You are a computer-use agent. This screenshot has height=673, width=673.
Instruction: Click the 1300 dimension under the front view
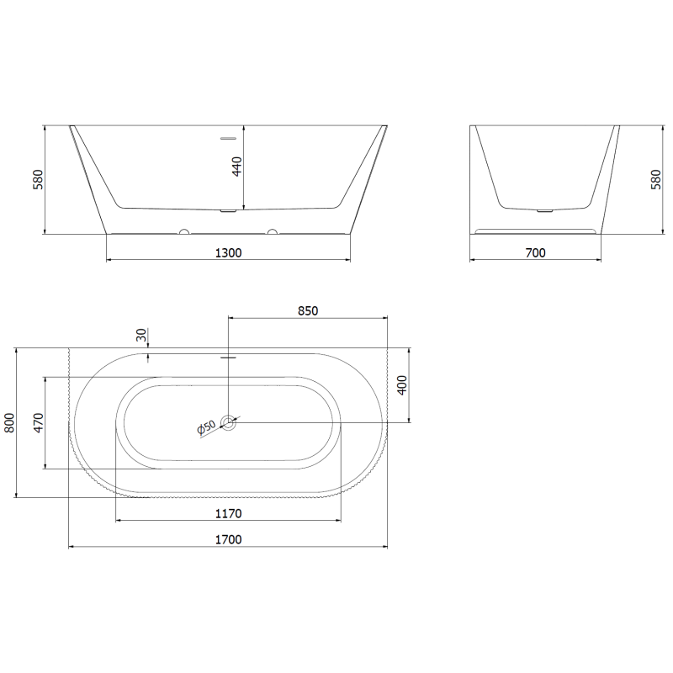(228, 252)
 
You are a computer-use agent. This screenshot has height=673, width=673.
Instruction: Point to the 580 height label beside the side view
(656, 180)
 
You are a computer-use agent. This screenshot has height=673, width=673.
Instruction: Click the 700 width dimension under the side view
(535, 252)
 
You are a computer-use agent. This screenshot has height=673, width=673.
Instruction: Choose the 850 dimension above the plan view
(308, 310)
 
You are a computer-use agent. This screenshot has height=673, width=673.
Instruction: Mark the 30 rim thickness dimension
(141, 335)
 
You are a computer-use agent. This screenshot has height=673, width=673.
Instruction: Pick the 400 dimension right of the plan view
(402, 384)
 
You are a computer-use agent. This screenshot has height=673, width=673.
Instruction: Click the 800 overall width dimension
(10, 422)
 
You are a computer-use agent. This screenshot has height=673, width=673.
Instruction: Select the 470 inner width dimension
(39, 422)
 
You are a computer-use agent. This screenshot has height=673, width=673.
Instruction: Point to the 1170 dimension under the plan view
(228, 513)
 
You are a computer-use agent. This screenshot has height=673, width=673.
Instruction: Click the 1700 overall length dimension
(228, 539)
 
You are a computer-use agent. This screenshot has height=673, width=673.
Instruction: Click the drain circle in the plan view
(229, 423)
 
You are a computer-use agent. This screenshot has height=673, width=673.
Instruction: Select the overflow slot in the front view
(228, 137)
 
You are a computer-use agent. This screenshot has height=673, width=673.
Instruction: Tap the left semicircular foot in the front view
(183, 231)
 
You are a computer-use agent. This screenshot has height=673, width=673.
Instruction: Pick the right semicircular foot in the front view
(272, 231)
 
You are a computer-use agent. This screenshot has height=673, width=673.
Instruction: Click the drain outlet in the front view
(228, 211)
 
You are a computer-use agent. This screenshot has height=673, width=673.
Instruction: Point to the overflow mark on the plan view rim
(228, 358)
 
